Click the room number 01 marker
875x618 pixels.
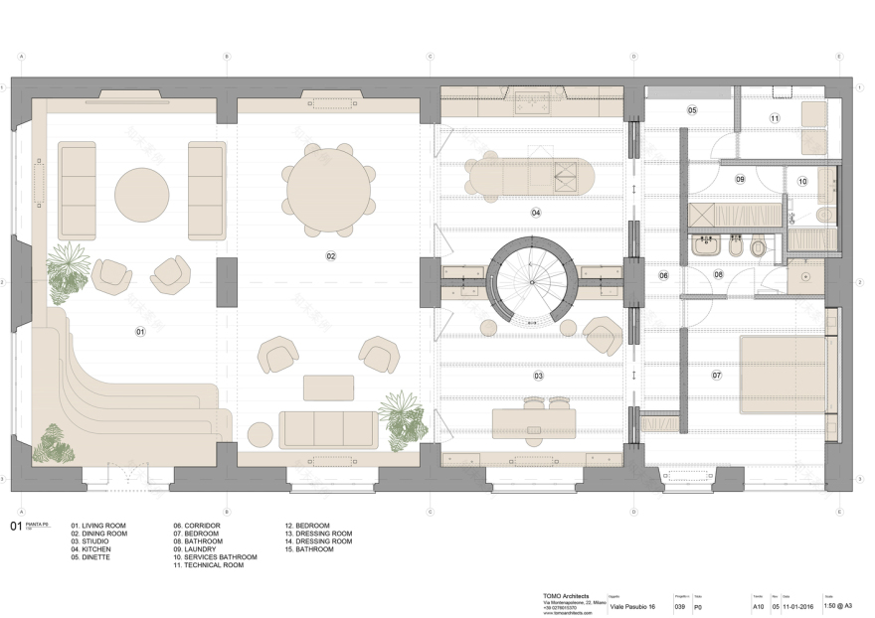point(140,331)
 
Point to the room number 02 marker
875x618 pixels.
point(330,256)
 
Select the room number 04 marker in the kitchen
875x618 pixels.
point(536,213)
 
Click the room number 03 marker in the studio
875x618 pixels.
point(538,377)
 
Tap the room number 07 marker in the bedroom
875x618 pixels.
point(716,376)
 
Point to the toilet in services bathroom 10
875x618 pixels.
point(823,215)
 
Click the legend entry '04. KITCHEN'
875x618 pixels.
point(90,549)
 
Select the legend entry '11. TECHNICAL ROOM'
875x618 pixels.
point(208,565)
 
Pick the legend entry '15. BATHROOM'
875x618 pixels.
point(314,549)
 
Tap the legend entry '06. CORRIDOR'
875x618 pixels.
point(197,526)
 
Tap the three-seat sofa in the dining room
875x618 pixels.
point(328,429)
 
